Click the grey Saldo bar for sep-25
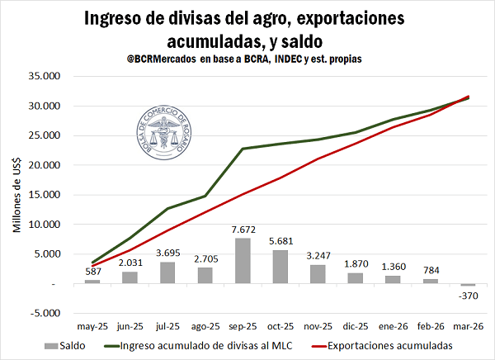pos(244,261)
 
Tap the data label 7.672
pos(244,229)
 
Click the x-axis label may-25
pos(92,327)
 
